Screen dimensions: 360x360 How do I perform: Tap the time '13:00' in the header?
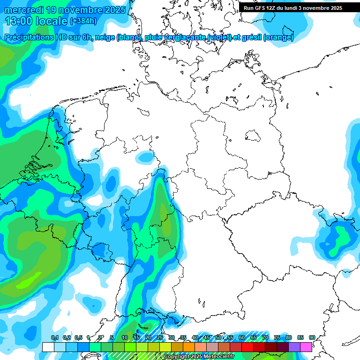coord(20,21)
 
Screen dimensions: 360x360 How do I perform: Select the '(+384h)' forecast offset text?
coord(84,21)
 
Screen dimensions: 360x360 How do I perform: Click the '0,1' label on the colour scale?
coord(54,338)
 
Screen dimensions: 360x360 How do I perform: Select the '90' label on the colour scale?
coord(312,338)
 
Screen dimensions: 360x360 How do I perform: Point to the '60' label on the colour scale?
coord(242,338)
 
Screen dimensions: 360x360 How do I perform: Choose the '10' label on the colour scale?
coord(125,338)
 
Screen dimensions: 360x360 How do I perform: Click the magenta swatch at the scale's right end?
coord(306,347)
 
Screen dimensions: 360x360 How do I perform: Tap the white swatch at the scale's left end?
coord(48,347)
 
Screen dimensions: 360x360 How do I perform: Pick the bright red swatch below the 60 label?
coord(247,347)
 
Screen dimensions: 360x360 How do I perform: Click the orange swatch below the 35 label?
coord(189,347)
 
